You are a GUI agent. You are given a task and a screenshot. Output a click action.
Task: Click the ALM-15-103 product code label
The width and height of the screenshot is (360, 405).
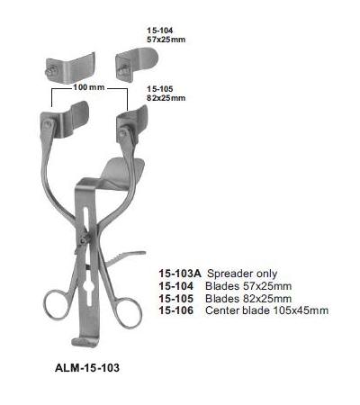[87, 367]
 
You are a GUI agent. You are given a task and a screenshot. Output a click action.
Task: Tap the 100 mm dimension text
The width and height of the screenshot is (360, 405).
[89, 87]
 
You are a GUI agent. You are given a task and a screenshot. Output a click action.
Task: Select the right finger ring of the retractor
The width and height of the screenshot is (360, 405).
[128, 312]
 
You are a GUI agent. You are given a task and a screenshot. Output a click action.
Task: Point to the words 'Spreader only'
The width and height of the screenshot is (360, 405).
[242, 274]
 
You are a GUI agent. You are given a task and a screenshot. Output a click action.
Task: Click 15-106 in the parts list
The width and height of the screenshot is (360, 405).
[176, 310]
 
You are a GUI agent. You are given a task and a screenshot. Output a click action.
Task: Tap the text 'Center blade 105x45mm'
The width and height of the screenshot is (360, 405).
[266, 310]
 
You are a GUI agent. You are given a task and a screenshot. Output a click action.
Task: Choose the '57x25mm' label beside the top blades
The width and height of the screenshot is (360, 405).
[166, 40]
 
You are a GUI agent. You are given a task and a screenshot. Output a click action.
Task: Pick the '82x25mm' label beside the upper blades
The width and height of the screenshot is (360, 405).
[166, 98]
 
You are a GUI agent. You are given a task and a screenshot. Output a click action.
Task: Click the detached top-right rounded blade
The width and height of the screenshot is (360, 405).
[137, 64]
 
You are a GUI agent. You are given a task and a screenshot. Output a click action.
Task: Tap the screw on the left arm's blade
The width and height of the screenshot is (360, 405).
[48, 123]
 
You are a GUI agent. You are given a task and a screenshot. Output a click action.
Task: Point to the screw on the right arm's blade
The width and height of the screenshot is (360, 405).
[123, 132]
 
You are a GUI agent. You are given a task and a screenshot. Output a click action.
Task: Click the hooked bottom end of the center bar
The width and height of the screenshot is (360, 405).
[85, 342]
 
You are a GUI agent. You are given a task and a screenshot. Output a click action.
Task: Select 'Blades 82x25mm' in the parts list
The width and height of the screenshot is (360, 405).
[248, 299]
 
